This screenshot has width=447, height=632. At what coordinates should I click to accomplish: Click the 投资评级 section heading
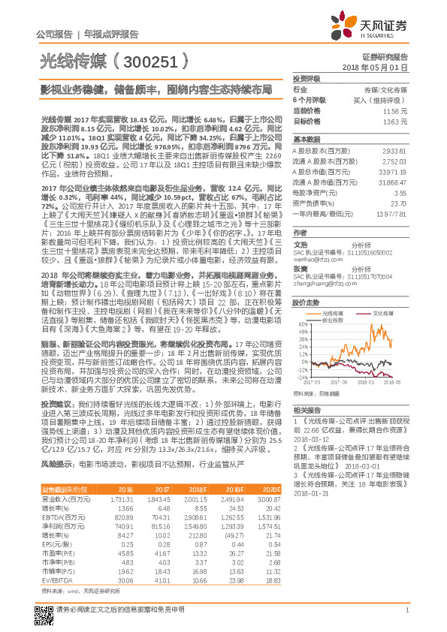[x=307, y=78]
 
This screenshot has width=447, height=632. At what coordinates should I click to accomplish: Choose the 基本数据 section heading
[x=307, y=140]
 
